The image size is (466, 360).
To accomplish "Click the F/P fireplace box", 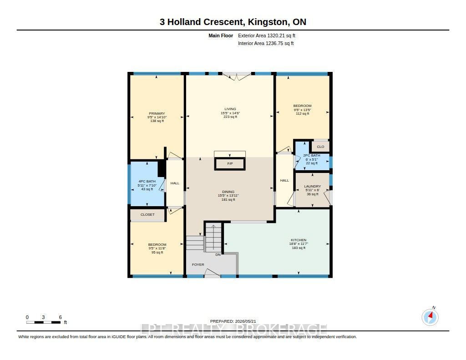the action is [230, 164].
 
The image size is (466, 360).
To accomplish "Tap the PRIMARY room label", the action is [157, 114].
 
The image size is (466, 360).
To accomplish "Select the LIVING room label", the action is [230, 109].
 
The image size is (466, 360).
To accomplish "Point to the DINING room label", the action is [228, 192].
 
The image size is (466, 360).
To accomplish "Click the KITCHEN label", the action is [299, 240].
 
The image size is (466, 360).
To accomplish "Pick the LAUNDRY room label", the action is [313, 187].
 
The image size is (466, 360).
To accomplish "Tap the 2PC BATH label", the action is [312, 156].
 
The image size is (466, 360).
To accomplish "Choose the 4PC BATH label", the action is [147, 181].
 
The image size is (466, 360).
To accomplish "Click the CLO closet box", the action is [320, 147].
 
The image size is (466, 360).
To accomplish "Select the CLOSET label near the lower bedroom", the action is [147, 215].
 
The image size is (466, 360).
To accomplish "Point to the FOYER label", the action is [198, 264].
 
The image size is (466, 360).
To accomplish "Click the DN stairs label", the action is [218, 255].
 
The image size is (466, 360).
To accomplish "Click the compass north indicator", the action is [430, 317].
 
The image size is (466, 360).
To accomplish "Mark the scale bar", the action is [43, 322].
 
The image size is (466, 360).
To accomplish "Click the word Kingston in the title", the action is [268, 22].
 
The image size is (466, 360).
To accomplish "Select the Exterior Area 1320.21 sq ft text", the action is [267, 35].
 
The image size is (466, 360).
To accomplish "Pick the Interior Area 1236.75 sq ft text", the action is [266, 43].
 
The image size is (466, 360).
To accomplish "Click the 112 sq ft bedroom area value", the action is [303, 114].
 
